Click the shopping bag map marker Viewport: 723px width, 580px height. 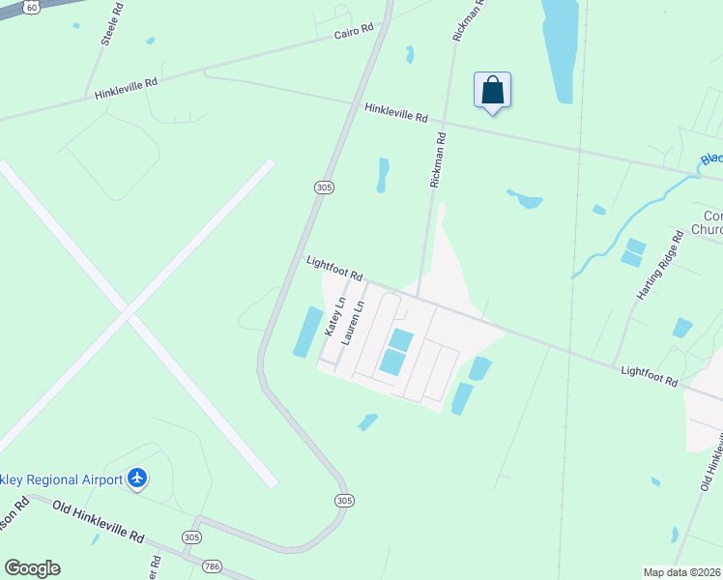point(492,91)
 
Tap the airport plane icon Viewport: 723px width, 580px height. point(137,478)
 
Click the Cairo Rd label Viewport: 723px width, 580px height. point(354,32)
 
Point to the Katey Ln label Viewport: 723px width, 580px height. point(335,318)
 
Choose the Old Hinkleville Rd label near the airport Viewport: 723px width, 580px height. point(98,520)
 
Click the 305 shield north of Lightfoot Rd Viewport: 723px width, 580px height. point(324,187)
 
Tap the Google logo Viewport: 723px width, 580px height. point(32,568)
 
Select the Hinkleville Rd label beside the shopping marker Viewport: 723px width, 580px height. point(395,112)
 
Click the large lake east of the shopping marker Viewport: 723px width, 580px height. point(560,48)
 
